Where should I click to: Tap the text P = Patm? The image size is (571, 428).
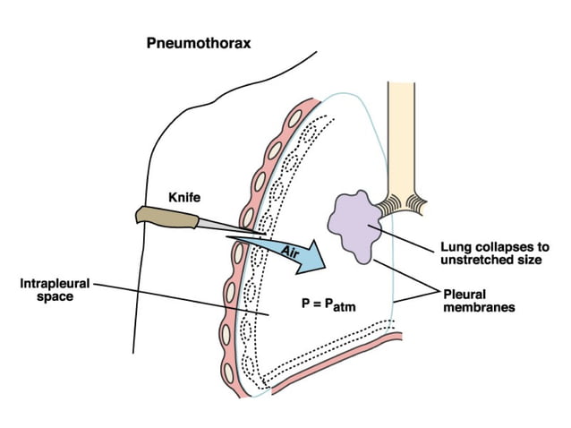click(x=328, y=304)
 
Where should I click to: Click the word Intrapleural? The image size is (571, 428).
click(x=55, y=285)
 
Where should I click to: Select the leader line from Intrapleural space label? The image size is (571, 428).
click(x=179, y=301)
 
